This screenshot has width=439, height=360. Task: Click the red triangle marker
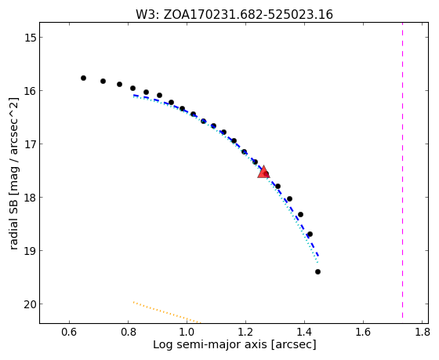pos(263,172)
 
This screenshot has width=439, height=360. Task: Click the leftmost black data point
pos(83,78)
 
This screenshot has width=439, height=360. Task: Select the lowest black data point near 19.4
pos(317,271)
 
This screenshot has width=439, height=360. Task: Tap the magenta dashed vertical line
pos(403,170)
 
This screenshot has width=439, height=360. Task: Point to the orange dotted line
pos(167,312)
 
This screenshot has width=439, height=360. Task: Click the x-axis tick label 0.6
pos(69,332)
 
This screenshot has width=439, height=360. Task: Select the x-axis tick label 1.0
pos(187,332)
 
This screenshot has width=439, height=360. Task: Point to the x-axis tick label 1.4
pos(304,332)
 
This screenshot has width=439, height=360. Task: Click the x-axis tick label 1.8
pos(423,332)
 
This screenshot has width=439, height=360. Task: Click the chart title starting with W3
pos(234,15)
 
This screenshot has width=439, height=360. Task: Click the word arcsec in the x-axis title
pos(293,344)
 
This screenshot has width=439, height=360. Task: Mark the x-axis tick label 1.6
pos(363,332)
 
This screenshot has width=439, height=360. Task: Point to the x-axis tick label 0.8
pos(128,332)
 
